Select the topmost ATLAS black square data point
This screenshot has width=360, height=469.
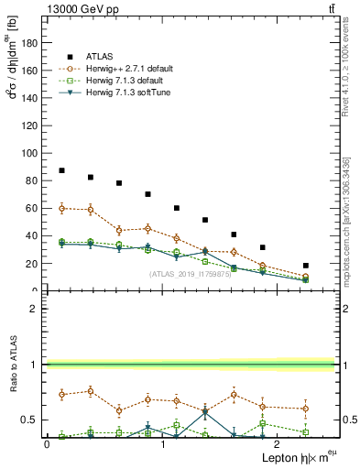point(61,170)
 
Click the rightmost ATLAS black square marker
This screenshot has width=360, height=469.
point(306,266)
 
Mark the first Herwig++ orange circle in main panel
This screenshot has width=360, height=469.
point(61,208)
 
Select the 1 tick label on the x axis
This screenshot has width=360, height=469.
point(162,443)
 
